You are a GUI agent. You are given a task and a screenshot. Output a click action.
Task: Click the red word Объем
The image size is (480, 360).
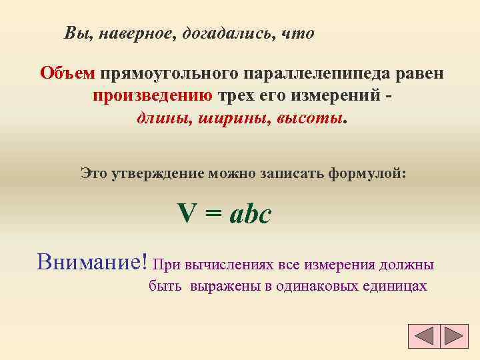click(x=67, y=71)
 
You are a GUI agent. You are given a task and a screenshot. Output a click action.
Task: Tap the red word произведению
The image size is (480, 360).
click(x=153, y=95)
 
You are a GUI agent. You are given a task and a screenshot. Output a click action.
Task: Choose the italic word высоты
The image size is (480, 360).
click(x=307, y=118)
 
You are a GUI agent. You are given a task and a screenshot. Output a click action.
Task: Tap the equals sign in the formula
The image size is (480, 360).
click(x=212, y=215)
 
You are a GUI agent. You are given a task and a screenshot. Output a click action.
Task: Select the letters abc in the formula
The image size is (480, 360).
click(x=250, y=215)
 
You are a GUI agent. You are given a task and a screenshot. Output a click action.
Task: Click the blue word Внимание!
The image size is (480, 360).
click(x=92, y=261)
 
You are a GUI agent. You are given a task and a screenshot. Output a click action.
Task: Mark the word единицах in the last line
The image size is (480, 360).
click(x=395, y=287)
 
